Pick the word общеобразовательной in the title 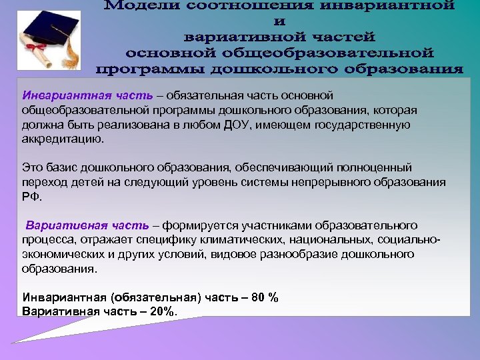click(x=333, y=51)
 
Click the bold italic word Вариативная click(x=55, y=225)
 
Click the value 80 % click(x=265, y=297)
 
